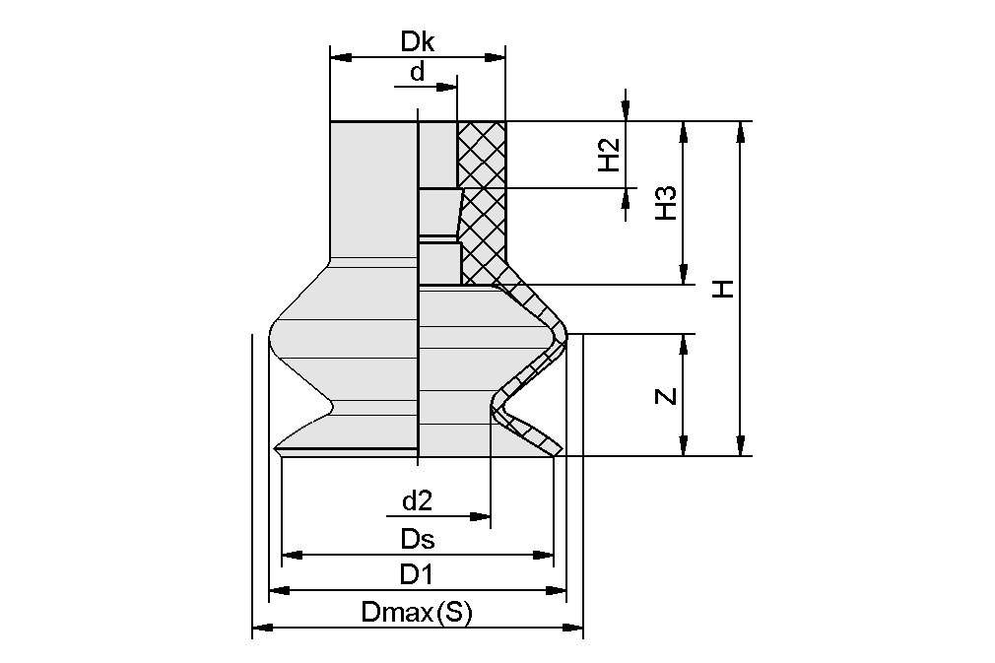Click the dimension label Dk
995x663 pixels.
[x=418, y=42]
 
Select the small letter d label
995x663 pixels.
[x=418, y=72]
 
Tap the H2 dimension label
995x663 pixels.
[x=611, y=155]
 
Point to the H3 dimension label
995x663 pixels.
[x=667, y=203]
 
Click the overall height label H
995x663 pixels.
[x=724, y=288]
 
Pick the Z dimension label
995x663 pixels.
[x=667, y=396]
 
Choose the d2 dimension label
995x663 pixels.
[x=418, y=500]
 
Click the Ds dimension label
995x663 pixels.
[x=418, y=539]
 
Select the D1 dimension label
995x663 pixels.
[x=418, y=574]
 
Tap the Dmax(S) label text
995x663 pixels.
[x=418, y=613]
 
